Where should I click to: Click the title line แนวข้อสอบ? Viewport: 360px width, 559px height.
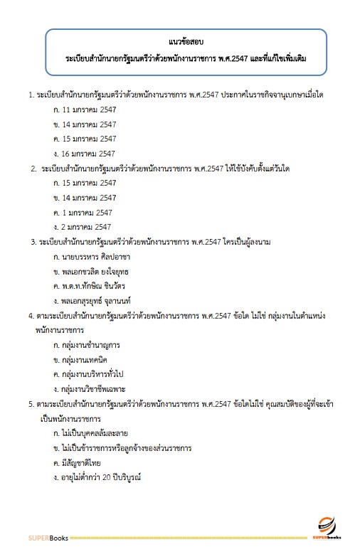coord(185,41)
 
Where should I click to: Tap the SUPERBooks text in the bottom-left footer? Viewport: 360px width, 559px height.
coord(48,538)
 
